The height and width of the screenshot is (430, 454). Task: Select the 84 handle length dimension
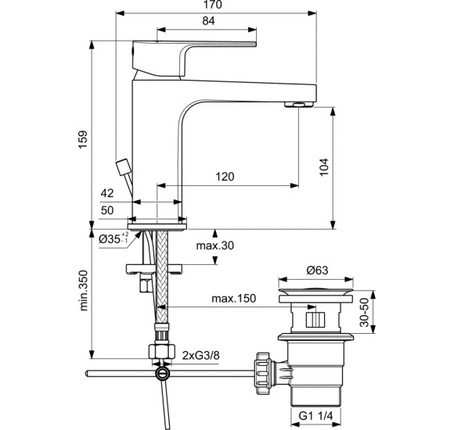(209, 21)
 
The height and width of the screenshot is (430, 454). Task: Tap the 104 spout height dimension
(325, 166)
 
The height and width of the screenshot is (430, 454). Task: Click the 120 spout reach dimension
(225, 177)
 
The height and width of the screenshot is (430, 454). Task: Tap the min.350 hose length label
(84, 291)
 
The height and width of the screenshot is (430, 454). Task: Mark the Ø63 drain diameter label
(316, 271)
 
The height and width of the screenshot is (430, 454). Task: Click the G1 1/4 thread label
(317, 417)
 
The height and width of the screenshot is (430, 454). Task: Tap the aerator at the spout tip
(298, 105)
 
